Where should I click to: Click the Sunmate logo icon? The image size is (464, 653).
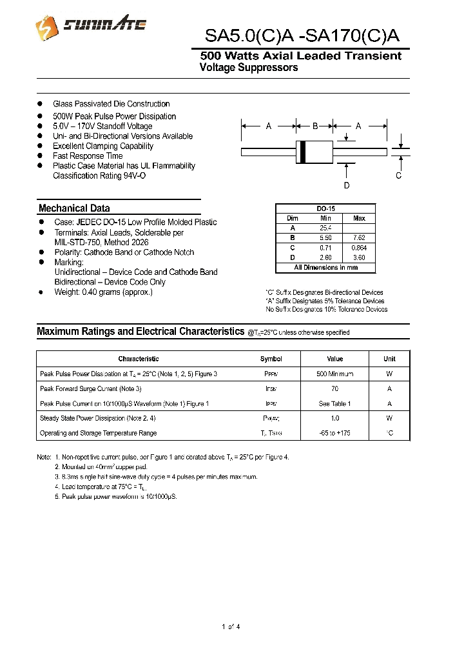(45, 26)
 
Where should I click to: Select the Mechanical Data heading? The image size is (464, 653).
(74, 208)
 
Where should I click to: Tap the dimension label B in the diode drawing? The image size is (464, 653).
(315, 126)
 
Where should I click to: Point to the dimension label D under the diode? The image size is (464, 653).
(347, 186)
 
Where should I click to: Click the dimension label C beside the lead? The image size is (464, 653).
(399, 176)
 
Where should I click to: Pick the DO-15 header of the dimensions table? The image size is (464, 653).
(325, 208)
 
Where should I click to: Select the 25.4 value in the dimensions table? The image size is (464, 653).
(325, 228)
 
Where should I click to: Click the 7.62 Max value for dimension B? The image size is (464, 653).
(359, 238)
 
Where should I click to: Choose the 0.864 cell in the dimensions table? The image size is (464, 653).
(359, 248)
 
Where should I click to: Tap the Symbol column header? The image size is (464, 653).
(271, 359)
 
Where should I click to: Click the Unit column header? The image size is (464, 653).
(389, 359)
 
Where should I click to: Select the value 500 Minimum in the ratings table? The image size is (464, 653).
(334, 374)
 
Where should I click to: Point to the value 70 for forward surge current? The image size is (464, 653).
(334, 389)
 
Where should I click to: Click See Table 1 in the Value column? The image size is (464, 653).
(334, 404)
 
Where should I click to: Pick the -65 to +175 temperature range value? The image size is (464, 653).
(334, 434)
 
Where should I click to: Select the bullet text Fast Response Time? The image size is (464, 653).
(88, 156)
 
